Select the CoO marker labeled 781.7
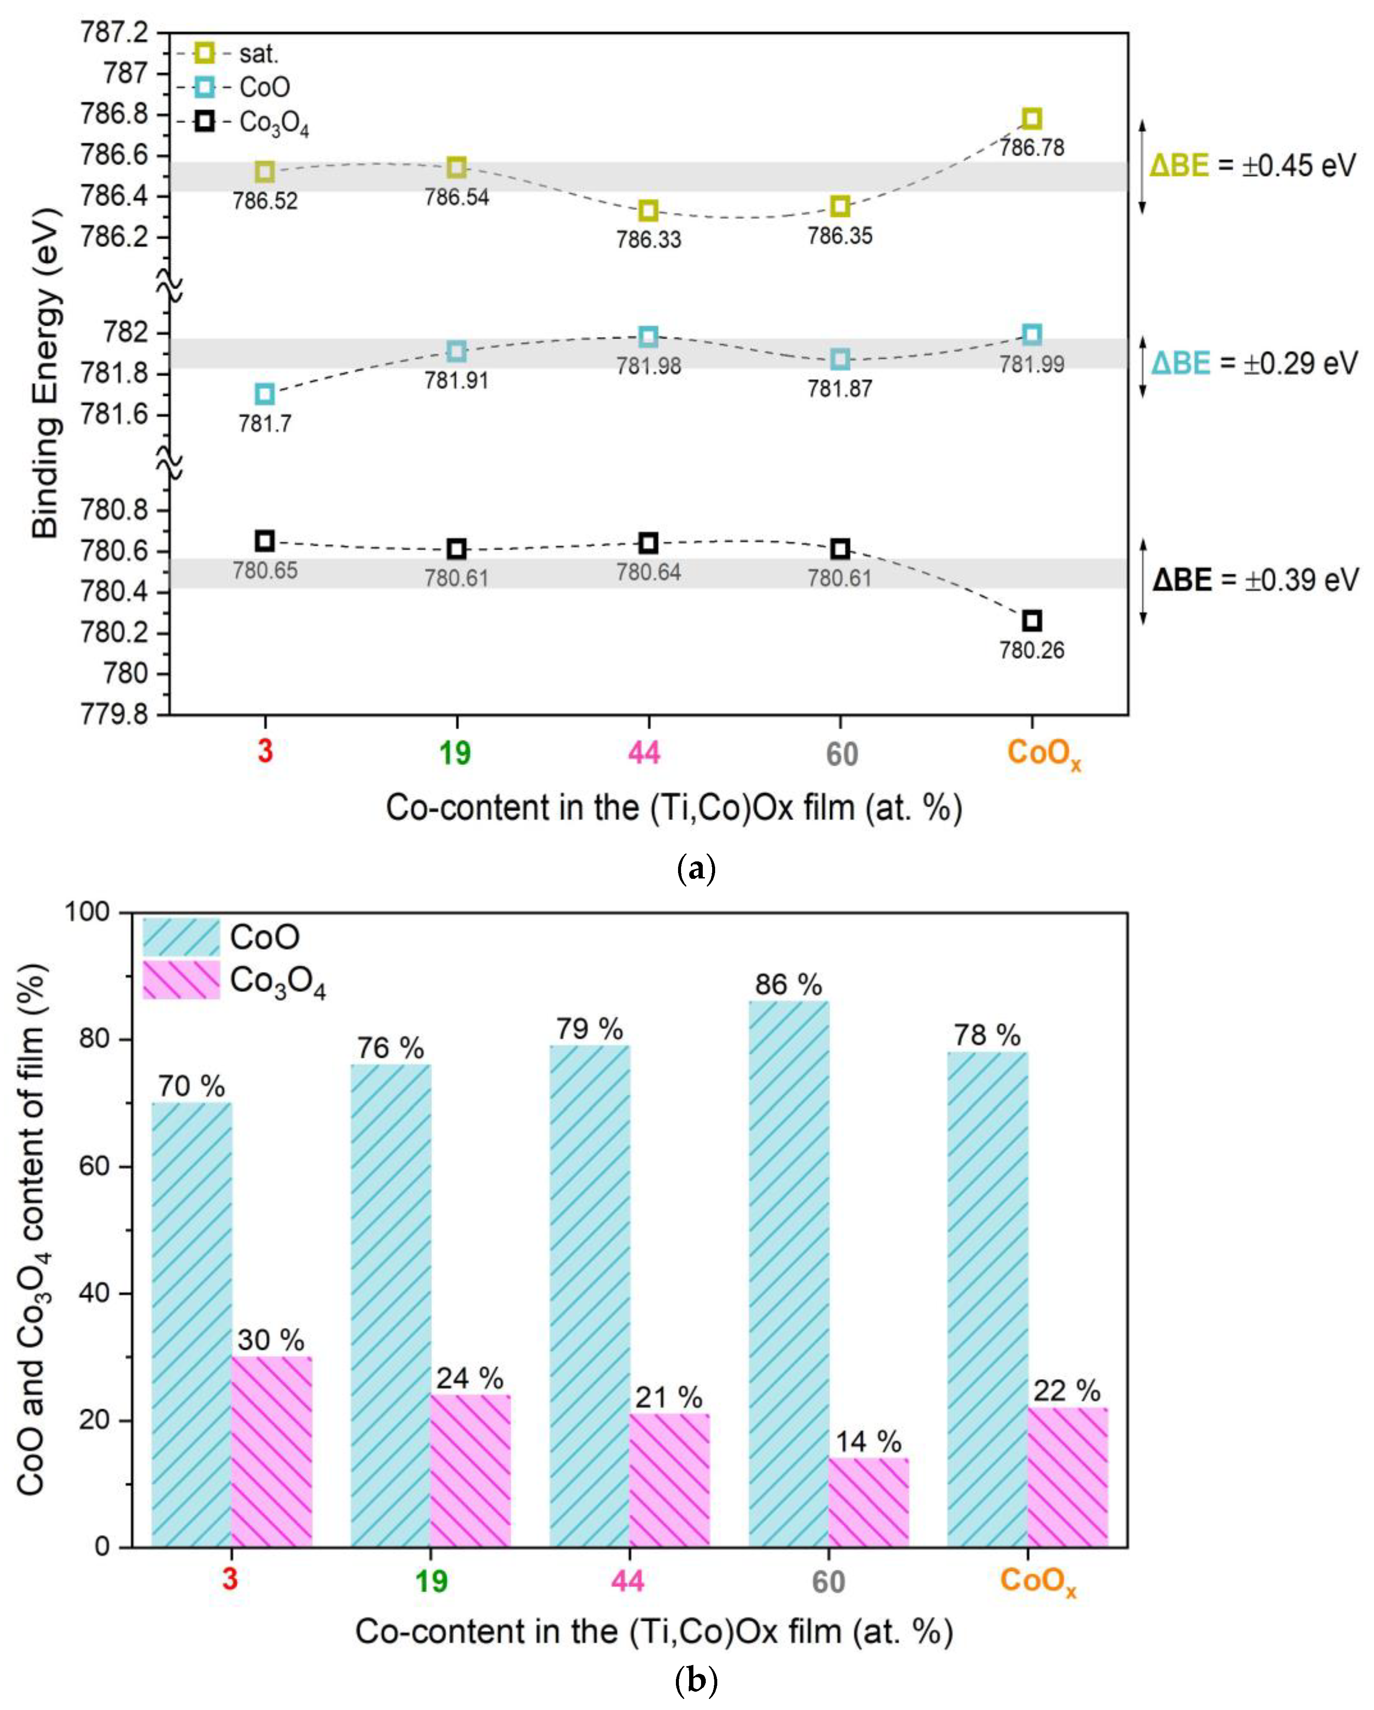(265, 393)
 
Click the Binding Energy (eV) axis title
(46, 373)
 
